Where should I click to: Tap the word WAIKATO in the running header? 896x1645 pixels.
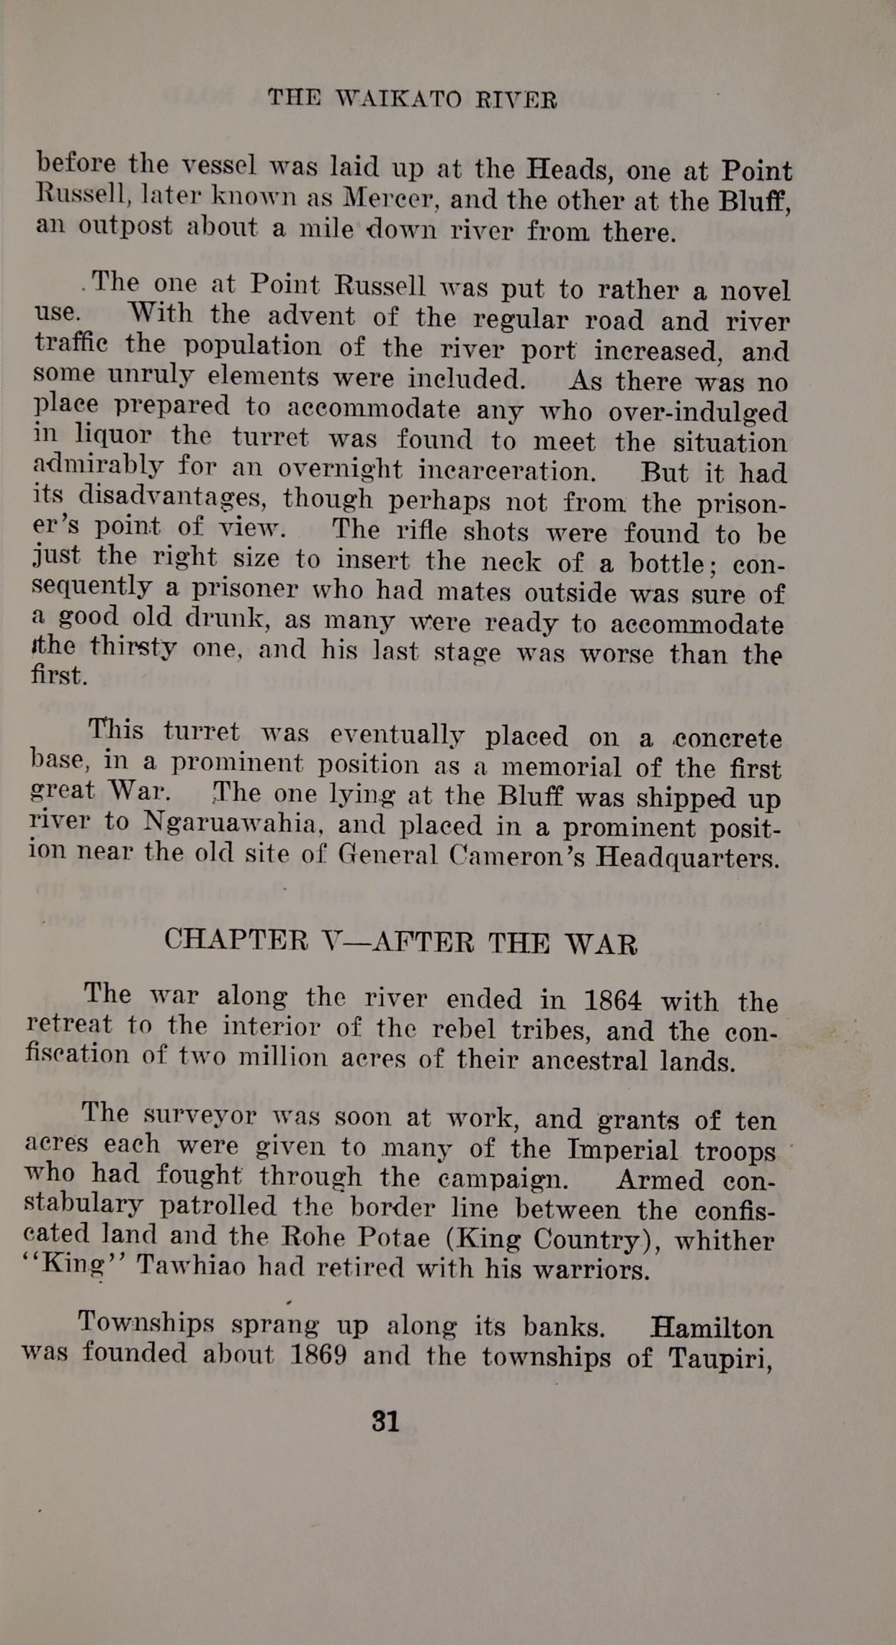coord(399,99)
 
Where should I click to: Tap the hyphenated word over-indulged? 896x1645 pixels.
coord(697,411)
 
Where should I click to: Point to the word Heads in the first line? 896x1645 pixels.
coord(569,170)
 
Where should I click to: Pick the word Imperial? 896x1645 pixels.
coord(622,1150)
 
